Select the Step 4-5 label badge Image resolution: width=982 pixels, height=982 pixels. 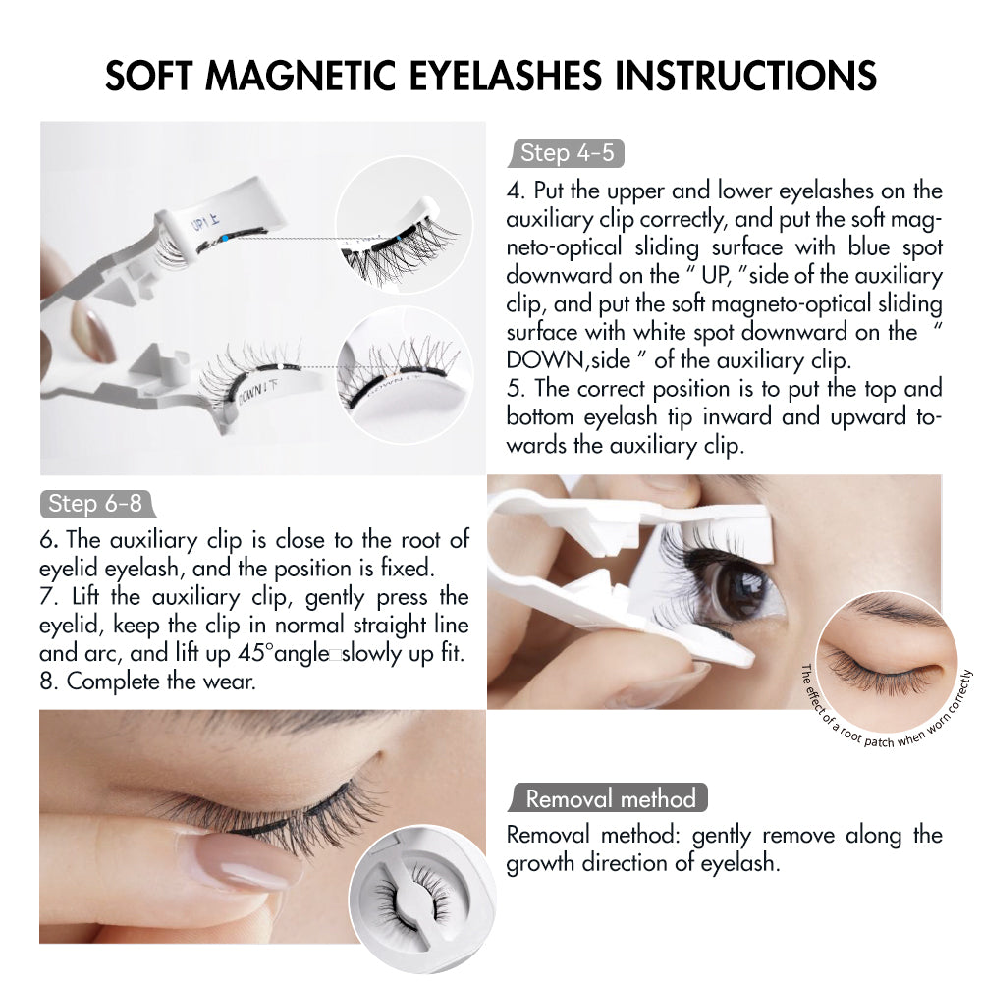(567, 153)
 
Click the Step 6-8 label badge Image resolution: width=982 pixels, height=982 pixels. (95, 504)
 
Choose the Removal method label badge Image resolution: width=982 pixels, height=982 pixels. (610, 798)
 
